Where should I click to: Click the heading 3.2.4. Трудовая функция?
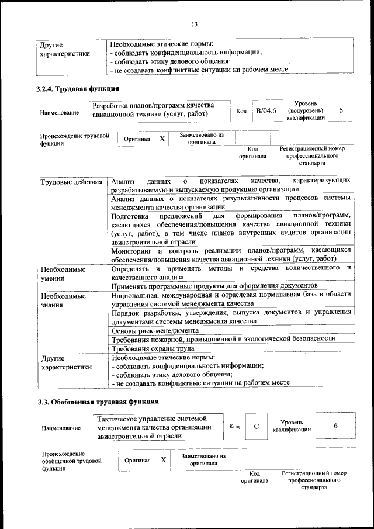78,89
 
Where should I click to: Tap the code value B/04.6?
266,111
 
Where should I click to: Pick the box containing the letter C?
257,427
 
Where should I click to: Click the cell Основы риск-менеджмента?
155,330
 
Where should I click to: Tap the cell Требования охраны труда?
153,349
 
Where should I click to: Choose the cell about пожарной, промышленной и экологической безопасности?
223,339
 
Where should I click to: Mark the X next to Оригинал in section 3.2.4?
162,139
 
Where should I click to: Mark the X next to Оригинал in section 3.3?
164,460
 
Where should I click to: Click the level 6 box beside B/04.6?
341,111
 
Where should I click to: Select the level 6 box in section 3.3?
335,426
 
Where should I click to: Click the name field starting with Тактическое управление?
160,427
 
